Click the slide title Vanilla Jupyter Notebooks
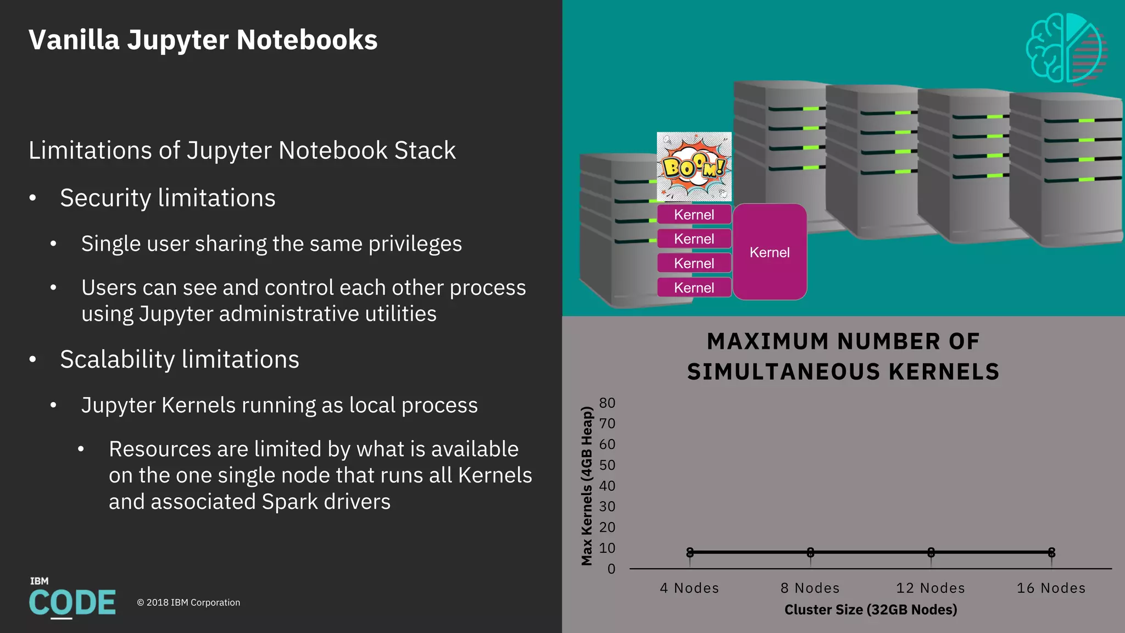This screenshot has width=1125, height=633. (x=203, y=40)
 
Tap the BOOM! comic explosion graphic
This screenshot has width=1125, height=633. (x=694, y=166)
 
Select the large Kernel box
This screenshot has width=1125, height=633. (x=770, y=252)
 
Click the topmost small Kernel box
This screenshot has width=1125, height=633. (x=694, y=215)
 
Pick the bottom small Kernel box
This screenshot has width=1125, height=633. (x=694, y=288)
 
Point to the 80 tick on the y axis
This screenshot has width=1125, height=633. (x=607, y=403)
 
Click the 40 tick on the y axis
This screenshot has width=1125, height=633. (x=607, y=486)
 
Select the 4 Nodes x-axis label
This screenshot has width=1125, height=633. (x=689, y=588)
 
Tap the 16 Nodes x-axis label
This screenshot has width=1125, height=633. (x=1051, y=588)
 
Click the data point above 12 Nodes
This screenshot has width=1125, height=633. (x=931, y=552)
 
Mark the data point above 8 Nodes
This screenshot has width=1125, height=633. (x=810, y=552)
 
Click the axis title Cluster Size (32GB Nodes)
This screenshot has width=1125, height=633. (x=871, y=609)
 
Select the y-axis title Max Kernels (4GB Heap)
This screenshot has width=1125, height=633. (x=587, y=486)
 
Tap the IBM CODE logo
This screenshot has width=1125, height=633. (x=72, y=599)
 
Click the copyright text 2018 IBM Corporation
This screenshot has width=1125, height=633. (x=188, y=603)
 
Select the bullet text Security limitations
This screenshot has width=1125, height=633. (x=168, y=198)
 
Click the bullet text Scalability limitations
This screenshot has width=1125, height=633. (x=180, y=359)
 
